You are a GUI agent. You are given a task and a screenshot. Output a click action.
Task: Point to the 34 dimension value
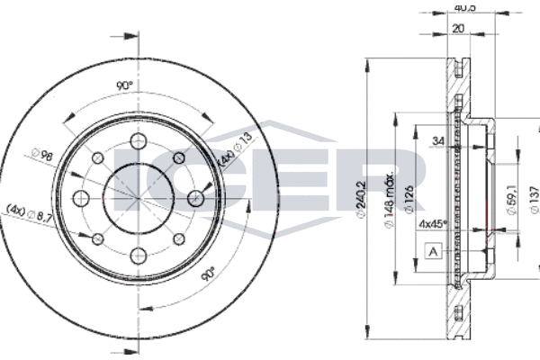click(437, 140)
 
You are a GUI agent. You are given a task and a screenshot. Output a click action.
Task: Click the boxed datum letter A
click(434, 252)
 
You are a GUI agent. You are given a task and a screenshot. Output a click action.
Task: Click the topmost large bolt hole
click(139, 141)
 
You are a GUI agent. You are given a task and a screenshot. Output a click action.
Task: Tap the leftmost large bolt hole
click(82, 198)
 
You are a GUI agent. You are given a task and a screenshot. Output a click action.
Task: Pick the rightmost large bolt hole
click(195, 198)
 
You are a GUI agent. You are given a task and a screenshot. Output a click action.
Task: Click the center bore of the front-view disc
click(139, 198)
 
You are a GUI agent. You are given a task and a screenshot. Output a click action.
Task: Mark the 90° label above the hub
click(125, 85)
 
